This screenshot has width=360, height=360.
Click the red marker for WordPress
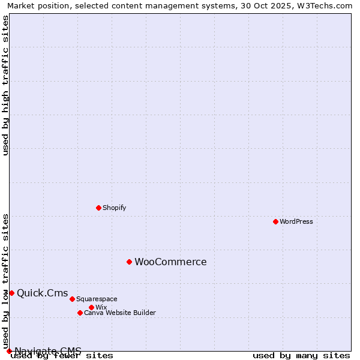(275, 221)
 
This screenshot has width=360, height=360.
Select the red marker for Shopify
(98, 208)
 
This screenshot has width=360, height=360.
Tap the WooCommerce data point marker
(129, 262)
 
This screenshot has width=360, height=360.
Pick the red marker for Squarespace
(72, 299)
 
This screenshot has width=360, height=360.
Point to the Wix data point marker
(91, 307)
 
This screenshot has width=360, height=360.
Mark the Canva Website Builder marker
(80, 313)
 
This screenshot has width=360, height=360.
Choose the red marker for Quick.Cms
(11, 293)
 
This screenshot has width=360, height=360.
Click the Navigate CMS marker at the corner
(9, 351)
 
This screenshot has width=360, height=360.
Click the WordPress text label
(296, 221)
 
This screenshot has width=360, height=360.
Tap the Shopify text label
(115, 208)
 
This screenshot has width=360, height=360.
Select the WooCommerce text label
(170, 262)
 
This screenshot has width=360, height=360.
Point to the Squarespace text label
(97, 299)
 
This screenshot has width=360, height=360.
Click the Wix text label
(101, 307)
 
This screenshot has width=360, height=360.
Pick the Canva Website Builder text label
(120, 313)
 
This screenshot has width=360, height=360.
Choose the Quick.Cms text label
(43, 293)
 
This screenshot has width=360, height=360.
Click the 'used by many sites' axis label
(301, 356)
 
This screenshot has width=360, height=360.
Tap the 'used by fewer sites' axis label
(62, 356)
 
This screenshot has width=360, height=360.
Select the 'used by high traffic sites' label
(5, 85)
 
